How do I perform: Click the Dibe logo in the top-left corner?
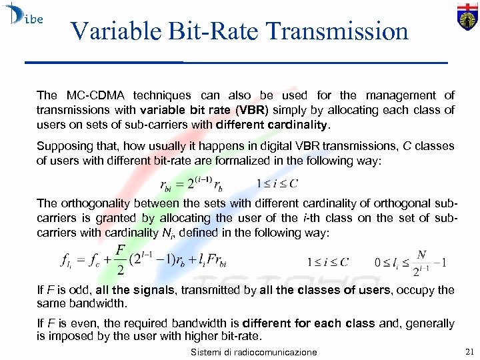pyautogui.click(x=23, y=16)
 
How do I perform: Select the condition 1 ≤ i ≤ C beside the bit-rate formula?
pyautogui.click(x=277, y=183)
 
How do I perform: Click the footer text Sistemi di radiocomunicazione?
pyautogui.click(x=253, y=352)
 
